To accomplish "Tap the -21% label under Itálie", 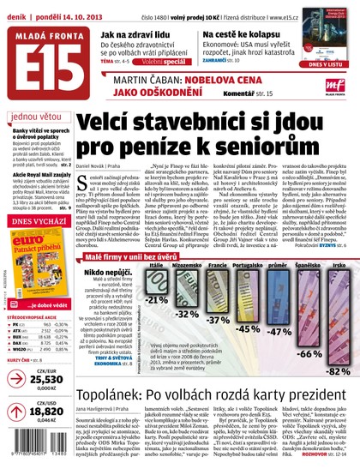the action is coord(156,275).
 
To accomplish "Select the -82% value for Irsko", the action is coord(338,371).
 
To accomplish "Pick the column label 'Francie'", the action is coord(218,243).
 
